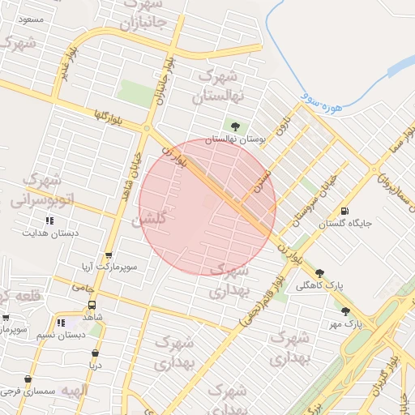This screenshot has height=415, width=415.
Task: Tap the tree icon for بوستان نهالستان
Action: tap(235, 126)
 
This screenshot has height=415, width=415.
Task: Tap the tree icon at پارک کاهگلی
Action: tap(320, 273)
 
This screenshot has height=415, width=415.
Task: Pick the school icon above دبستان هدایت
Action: tap(49, 220)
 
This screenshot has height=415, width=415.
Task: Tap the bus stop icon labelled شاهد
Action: tap(92, 306)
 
